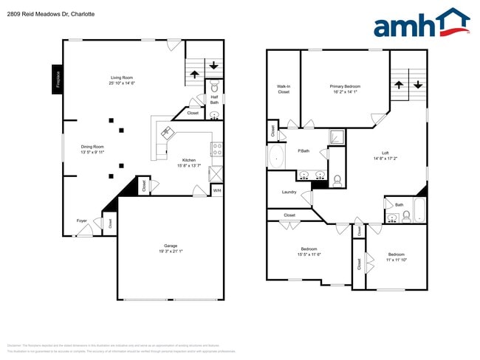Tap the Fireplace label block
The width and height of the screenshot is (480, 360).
click(58, 78)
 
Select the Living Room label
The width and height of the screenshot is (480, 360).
click(122, 80)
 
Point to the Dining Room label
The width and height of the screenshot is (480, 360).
click(92, 149)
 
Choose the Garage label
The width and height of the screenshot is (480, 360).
click(170, 249)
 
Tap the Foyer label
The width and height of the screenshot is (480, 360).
click(81, 221)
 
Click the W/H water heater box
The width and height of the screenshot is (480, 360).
click(216, 190)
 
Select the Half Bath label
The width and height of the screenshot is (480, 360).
click(213, 100)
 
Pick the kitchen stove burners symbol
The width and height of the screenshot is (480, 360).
click(217, 149)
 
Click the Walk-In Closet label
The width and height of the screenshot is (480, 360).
click(283, 89)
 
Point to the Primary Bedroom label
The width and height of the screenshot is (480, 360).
click(345, 89)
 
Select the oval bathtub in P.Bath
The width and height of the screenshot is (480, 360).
click(277, 156)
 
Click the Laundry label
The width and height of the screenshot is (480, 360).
click(289, 193)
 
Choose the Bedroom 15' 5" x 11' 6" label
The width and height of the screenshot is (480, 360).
click(309, 252)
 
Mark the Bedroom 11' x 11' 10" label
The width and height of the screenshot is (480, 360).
click(396, 257)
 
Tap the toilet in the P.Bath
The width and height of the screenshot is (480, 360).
click(337, 179)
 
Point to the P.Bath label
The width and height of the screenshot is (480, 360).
click(303, 151)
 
